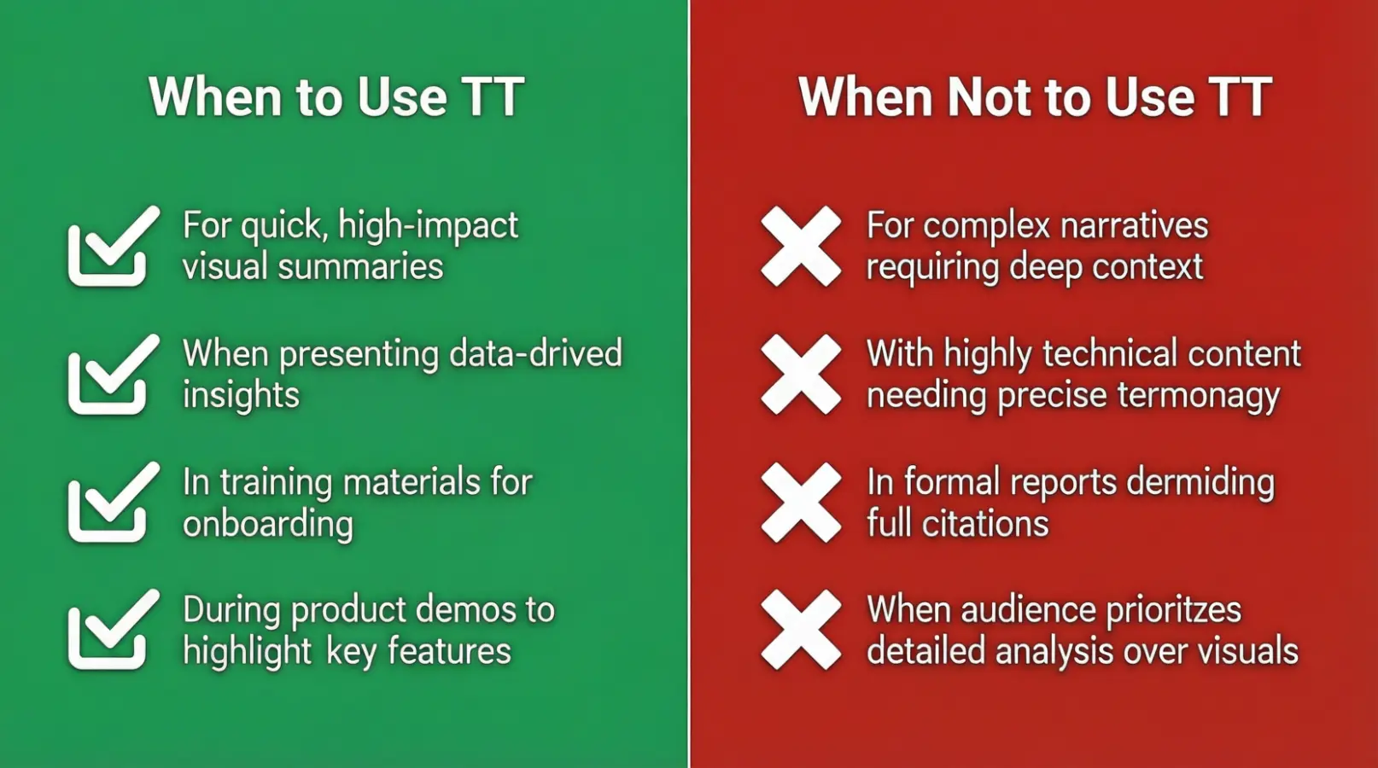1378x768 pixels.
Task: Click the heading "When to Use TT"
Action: pyautogui.click(x=336, y=96)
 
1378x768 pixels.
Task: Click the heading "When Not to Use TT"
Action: pyautogui.click(x=1035, y=96)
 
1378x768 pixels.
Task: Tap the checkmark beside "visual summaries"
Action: pyautogui.click(x=112, y=247)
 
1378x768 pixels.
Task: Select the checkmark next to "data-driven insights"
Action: pyautogui.click(x=112, y=375)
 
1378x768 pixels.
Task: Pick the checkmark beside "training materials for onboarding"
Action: pyautogui.click(x=112, y=503)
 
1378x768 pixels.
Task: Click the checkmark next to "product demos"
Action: pyautogui.click(x=112, y=631)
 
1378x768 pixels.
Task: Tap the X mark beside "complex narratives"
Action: pyautogui.click(x=801, y=247)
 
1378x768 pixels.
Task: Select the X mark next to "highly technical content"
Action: pyautogui.click(x=801, y=375)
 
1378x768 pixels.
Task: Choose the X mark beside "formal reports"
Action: pyautogui.click(x=801, y=503)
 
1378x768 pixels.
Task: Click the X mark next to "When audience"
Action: pyautogui.click(x=801, y=631)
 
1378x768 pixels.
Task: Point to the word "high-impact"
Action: pyautogui.click(x=428, y=226)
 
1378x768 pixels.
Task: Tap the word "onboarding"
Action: pyautogui.click(x=267, y=524)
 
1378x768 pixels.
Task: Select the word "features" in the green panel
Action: pyautogui.click(x=449, y=652)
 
